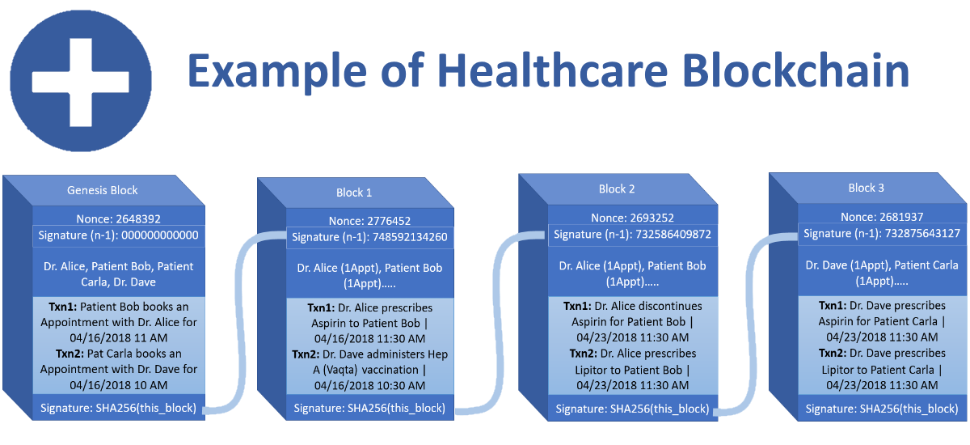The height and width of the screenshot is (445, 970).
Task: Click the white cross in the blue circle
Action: [81, 83]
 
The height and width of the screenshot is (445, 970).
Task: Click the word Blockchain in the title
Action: [795, 71]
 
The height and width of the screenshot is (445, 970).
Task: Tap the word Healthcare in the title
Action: [553, 71]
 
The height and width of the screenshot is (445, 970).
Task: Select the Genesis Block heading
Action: [102, 190]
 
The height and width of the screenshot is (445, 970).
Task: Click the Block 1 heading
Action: [354, 193]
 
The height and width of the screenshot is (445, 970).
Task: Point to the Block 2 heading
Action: [617, 189]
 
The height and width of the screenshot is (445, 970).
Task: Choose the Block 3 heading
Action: [866, 188]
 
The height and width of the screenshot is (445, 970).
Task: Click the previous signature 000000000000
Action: [160, 235]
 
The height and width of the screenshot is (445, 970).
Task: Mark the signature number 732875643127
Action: [922, 234]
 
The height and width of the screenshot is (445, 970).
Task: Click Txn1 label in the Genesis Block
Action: [63, 307]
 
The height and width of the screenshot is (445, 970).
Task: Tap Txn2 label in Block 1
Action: [306, 354]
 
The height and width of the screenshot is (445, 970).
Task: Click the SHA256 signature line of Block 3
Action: [882, 409]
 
